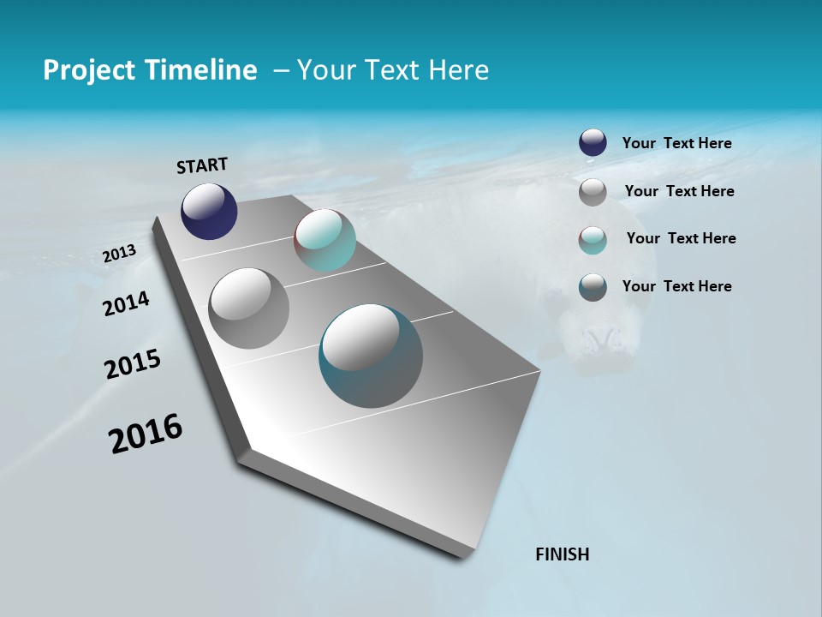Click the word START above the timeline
coord(202,165)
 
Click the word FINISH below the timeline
coord(563,554)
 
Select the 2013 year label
coord(119,254)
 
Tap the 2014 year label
coord(126,303)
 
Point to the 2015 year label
coord(133,364)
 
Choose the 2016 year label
coord(146,434)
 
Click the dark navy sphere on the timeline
coord(209,212)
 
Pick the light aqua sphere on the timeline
coord(325,240)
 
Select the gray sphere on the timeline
coord(248,308)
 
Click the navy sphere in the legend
coord(593,143)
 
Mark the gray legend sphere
coord(593,192)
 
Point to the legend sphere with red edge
coord(593,240)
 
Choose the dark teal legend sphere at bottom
coord(593,287)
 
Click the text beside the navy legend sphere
coord(676,144)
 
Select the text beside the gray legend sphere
coord(679,191)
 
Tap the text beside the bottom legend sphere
coord(676,286)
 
